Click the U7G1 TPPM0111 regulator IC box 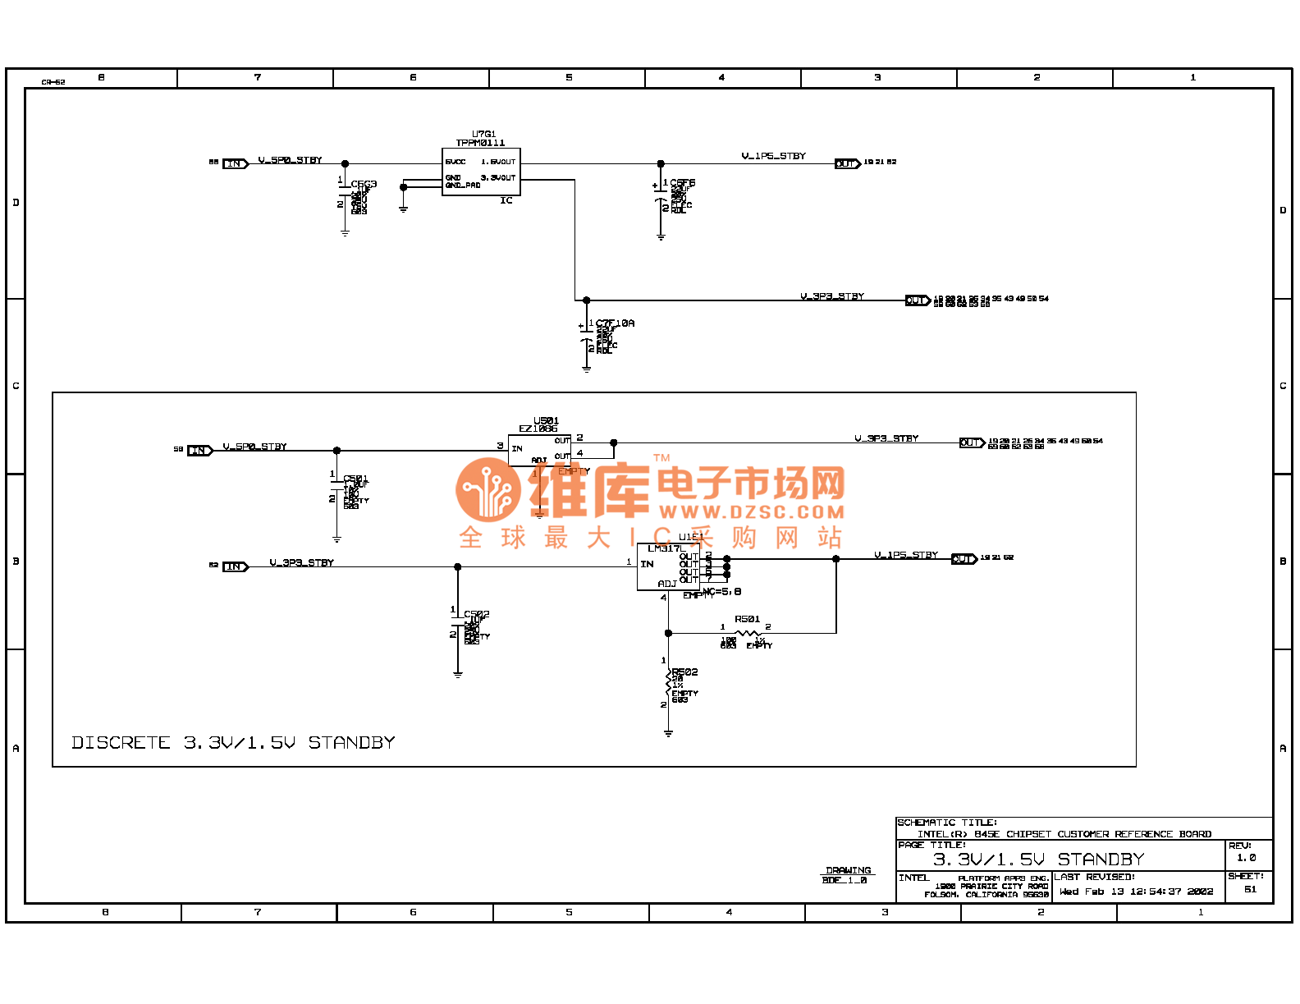pyautogui.click(x=481, y=172)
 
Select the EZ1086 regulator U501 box pyautogui.click(x=539, y=450)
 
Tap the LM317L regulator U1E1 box pyautogui.click(x=668, y=566)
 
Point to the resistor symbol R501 pyautogui.click(x=748, y=633)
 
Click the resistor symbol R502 pyautogui.click(x=668, y=683)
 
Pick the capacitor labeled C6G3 pyautogui.click(x=345, y=197)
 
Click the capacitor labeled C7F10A pyautogui.click(x=586, y=337)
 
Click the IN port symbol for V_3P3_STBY pyautogui.click(x=235, y=566)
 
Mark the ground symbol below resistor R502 pyautogui.click(x=668, y=732)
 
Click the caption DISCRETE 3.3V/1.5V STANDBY pyautogui.click(x=233, y=743)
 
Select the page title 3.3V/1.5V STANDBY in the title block pyautogui.click(x=1038, y=860)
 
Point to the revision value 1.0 pyautogui.click(x=1246, y=858)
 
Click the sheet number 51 pyautogui.click(x=1250, y=889)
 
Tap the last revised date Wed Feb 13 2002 pyautogui.click(x=1136, y=892)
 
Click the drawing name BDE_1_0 pyautogui.click(x=845, y=881)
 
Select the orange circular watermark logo pyautogui.click(x=488, y=489)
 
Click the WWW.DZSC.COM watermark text pyautogui.click(x=751, y=512)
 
